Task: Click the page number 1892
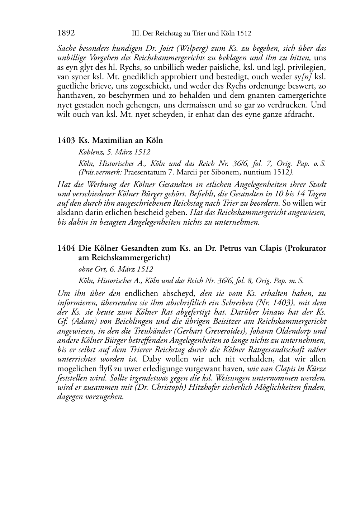pos(66,33)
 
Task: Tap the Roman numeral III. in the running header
pos(137,34)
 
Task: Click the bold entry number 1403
pos(66,140)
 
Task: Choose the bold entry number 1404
pos(66,248)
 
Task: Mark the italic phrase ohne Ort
pos(91,269)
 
